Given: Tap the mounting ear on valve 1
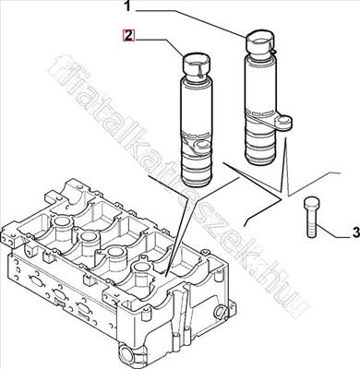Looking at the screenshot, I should [286, 120].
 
